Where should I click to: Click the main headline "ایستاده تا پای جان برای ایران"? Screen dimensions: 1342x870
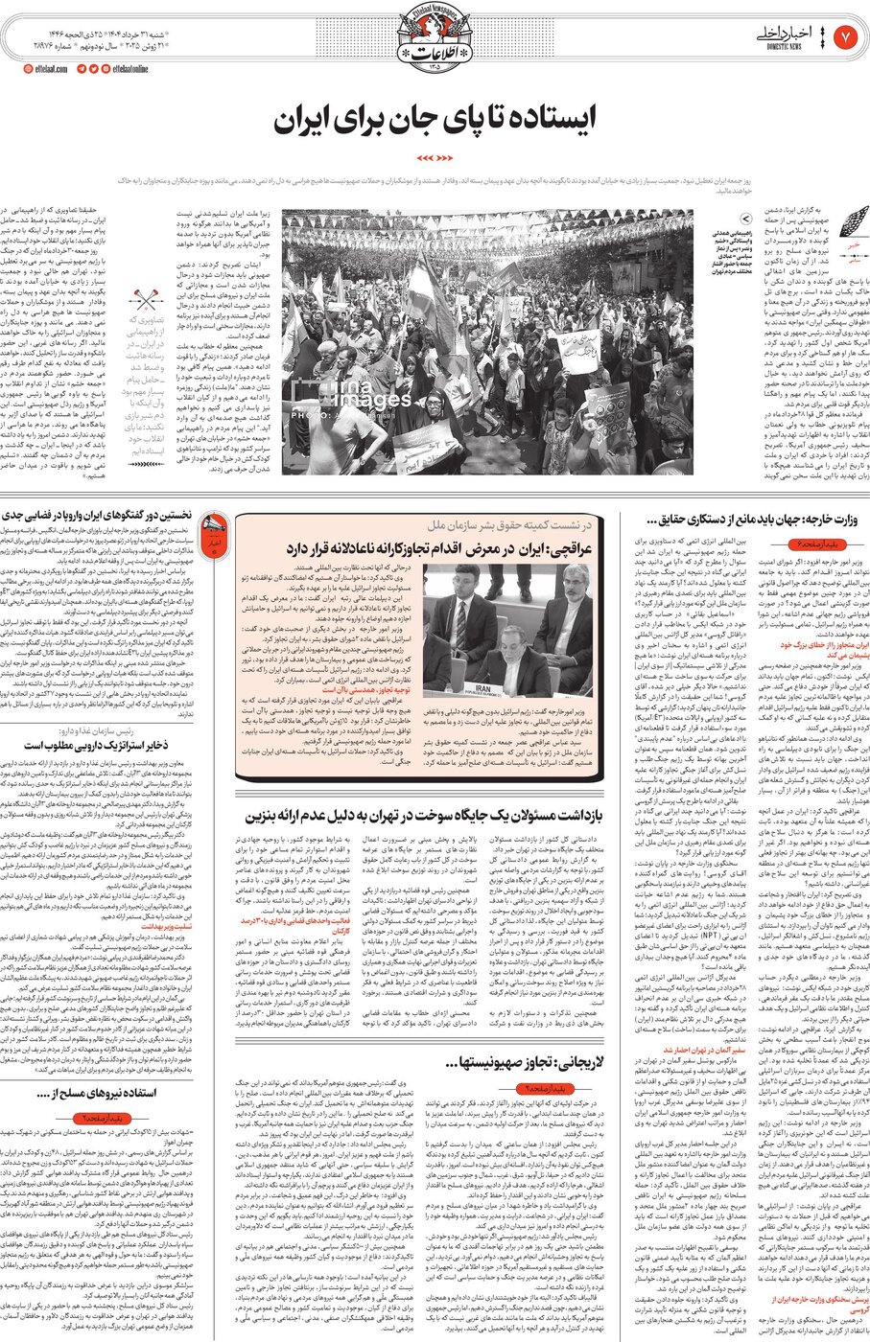(435, 120)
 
